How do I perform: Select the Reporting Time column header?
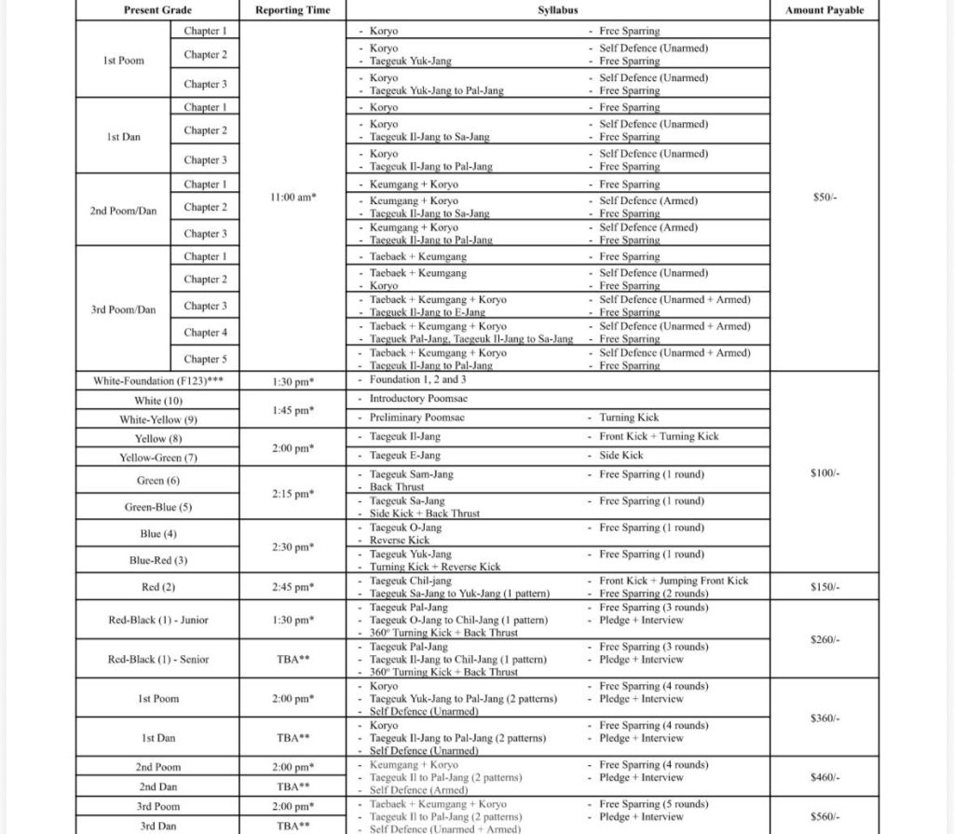click(293, 10)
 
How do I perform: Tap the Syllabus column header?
click(557, 10)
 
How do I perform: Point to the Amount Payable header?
click(825, 10)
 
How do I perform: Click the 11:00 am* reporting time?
click(293, 198)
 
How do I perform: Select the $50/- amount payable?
click(825, 198)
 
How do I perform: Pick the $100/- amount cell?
click(825, 473)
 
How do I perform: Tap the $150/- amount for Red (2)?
click(825, 587)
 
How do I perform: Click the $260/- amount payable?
click(825, 640)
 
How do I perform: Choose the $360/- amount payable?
click(825, 718)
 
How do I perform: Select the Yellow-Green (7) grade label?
click(157, 458)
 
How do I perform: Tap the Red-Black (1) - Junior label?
click(157, 620)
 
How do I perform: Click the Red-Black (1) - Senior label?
click(157, 659)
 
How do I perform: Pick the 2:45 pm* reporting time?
click(293, 587)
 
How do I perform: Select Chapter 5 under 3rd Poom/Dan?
click(205, 359)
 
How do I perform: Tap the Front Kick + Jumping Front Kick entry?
click(673, 581)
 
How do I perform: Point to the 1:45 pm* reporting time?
click(293, 409)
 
